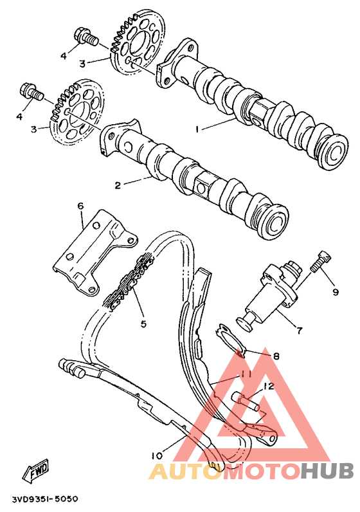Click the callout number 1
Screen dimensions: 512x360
[199, 129]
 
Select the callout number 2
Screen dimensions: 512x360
[118, 186]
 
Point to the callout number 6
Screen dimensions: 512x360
[80, 206]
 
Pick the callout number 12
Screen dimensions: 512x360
[269, 387]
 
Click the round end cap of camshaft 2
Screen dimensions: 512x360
[274, 221]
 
